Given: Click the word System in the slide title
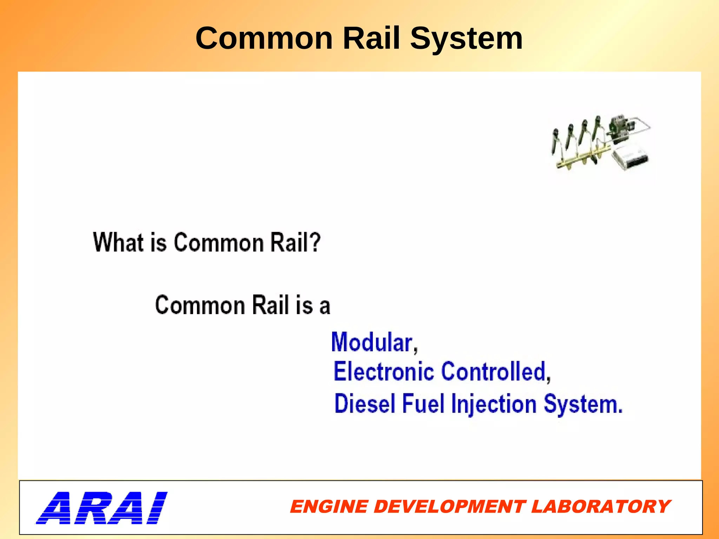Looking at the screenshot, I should [x=467, y=39].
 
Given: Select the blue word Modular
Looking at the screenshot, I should [x=372, y=342].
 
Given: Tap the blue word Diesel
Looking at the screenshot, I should [x=365, y=404].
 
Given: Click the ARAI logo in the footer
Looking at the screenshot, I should [x=101, y=508].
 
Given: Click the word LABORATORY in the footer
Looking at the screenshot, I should [x=601, y=507].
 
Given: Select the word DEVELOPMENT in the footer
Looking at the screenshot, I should [x=449, y=507].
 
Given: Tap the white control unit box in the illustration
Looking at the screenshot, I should [x=630, y=158].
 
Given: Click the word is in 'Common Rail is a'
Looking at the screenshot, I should [x=304, y=305].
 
